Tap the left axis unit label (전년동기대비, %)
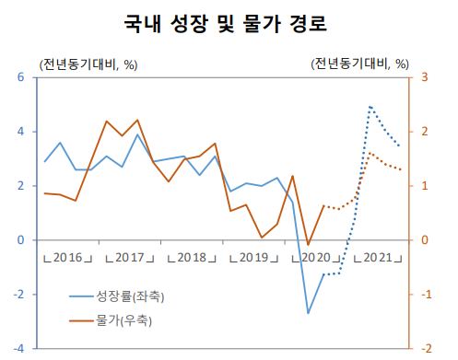click(x=88, y=64)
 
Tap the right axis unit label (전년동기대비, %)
click(x=359, y=64)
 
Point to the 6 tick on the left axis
click(x=21, y=77)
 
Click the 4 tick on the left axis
click(x=21, y=132)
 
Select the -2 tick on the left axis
click(x=19, y=295)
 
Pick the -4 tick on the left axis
click(x=19, y=348)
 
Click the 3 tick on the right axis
click(x=425, y=77)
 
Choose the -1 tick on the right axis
click(x=423, y=295)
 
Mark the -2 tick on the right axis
click(x=423, y=348)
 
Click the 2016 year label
click(x=70, y=256)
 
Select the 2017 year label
click(x=131, y=256)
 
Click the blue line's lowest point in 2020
click(x=308, y=313)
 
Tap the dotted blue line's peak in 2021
click(x=370, y=107)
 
